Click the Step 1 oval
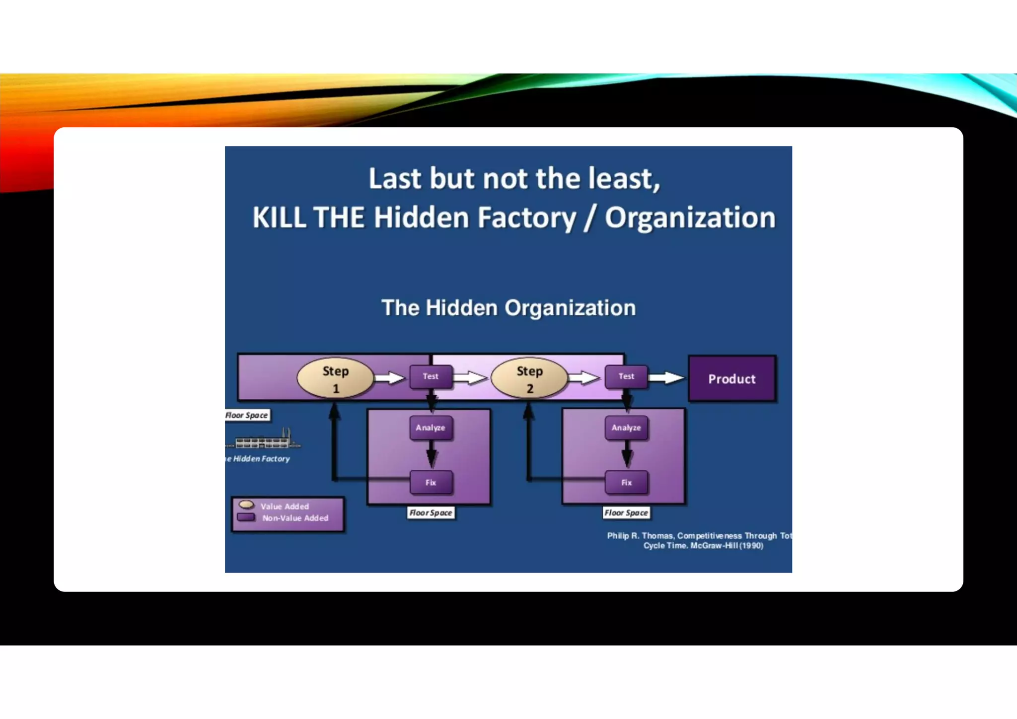(335, 378)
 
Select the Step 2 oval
(529, 378)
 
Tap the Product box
(731, 379)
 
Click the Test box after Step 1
(431, 376)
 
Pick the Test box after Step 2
(626, 376)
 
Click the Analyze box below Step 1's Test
(431, 428)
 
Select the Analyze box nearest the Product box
(626, 428)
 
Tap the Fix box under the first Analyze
(431, 482)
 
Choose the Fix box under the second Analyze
(626, 482)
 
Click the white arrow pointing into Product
(666, 378)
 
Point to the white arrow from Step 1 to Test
(390, 378)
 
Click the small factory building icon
(263, 440)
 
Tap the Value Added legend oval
(246, 505)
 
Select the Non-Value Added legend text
(295, 518)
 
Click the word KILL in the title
(279, 217)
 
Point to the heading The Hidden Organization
(508, 308)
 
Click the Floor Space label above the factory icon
(247, 415)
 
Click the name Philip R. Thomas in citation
(640, 536)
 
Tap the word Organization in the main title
(690, 217)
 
